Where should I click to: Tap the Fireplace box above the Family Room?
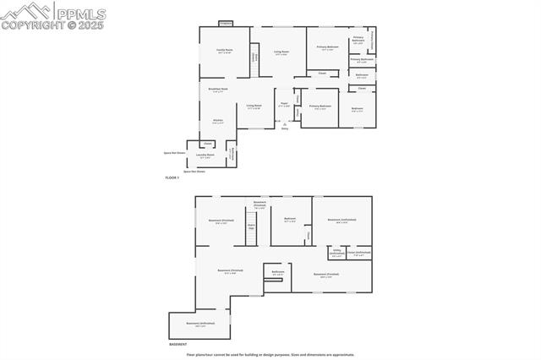(225, 24)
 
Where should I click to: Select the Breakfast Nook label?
(217, 90)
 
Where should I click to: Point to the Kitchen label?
(217, 122)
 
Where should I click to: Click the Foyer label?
(284, 105)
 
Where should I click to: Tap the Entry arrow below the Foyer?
(284, 126)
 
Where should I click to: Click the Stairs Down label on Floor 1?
(255, 57)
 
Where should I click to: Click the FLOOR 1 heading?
(172, 177)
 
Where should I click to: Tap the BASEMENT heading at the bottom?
(178, 345)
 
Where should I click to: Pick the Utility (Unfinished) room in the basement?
(336, 253)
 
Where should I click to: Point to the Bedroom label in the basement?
(290, 220)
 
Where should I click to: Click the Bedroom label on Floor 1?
(358, 107)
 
